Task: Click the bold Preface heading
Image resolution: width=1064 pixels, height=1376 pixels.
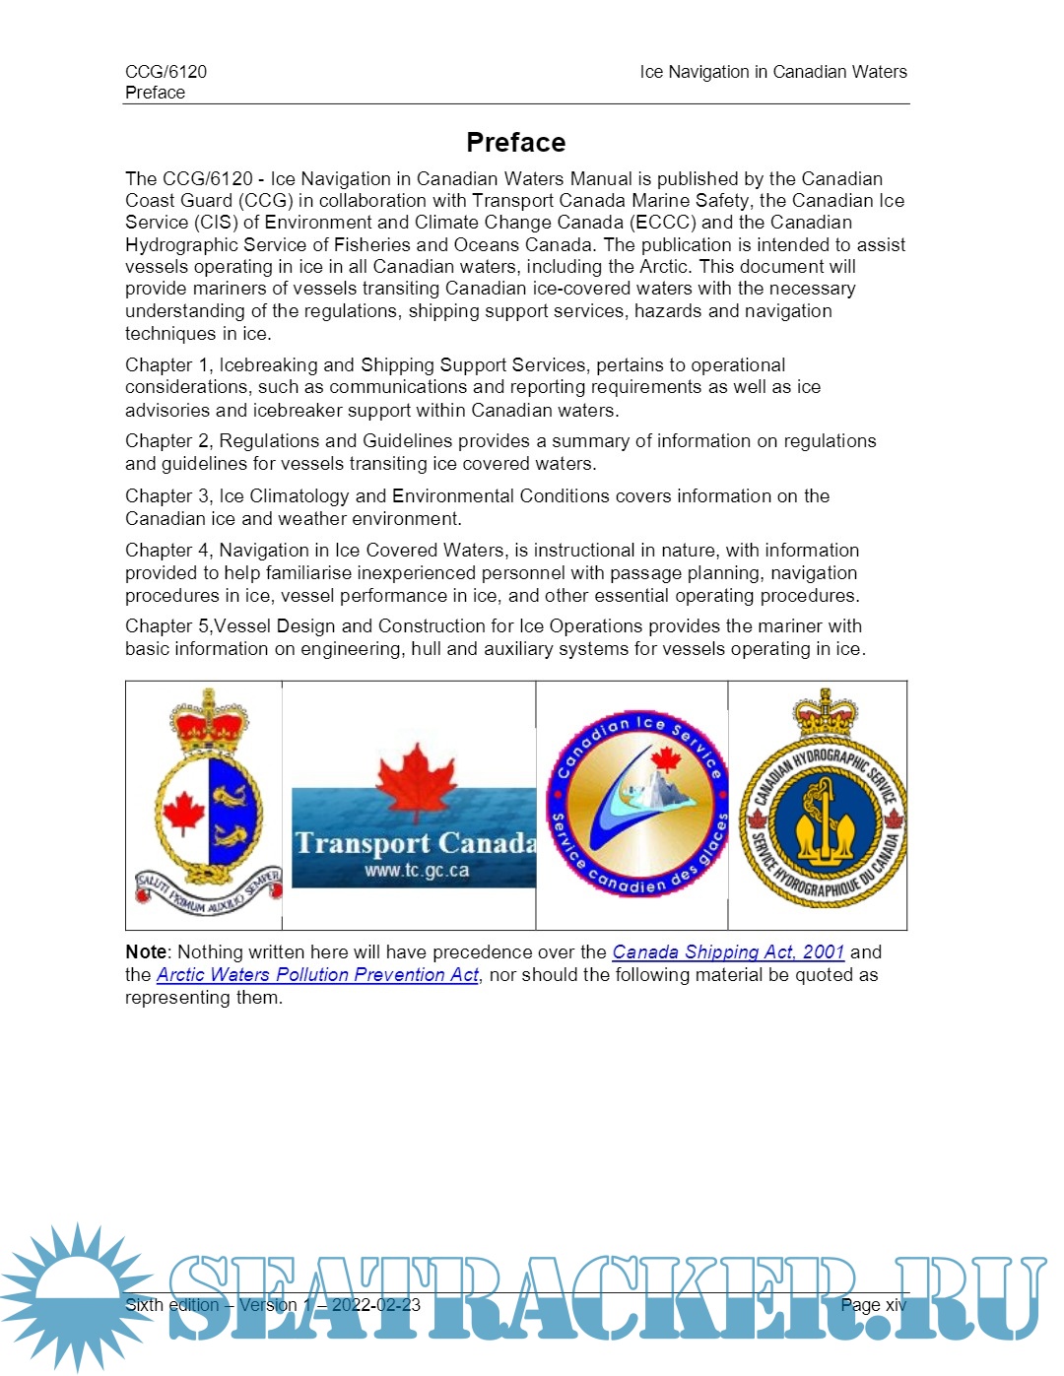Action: (515, 143)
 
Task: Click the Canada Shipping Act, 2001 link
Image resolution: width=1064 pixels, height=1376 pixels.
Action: (728, 951)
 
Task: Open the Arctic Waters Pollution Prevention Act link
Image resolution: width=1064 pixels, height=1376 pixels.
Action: (317, 974)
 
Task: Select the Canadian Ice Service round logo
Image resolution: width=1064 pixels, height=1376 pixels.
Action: (637, 804)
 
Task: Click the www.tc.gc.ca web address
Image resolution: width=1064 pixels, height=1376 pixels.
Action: (416, 871)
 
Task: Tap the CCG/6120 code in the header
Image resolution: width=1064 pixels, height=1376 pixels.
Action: (166, 72)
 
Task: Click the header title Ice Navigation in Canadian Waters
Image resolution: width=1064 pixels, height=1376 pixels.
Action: (773, 72)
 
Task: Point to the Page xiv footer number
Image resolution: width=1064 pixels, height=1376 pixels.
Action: (873, 1305)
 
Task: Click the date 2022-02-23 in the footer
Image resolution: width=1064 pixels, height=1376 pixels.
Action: (375, 1305)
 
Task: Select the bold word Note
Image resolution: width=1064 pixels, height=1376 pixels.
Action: (146, 951)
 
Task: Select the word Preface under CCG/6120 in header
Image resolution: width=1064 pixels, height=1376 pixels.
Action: (155, 93)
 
